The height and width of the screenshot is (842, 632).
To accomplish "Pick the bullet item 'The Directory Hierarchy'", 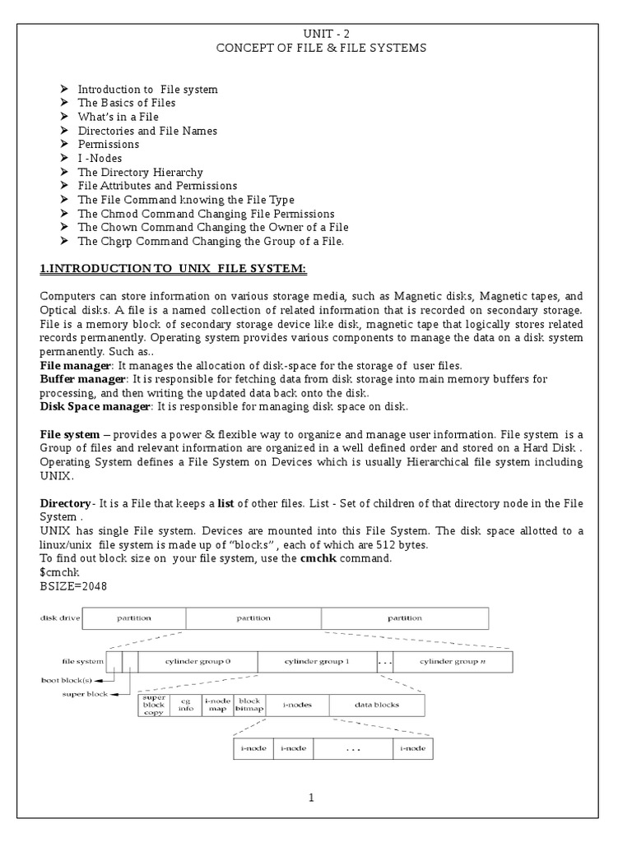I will pos(140,173).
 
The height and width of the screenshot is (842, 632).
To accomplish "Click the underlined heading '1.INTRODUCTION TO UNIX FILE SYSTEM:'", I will pos(173,269).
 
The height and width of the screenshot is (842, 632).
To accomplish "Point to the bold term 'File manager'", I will pos(75,364).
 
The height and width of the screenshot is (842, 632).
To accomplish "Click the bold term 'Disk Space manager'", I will pos(95,406).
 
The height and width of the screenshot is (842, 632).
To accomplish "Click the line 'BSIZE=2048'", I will pos(73,586).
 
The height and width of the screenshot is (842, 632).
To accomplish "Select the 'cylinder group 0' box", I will pos(197,661).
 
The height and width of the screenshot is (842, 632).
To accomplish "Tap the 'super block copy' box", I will pos(154,705).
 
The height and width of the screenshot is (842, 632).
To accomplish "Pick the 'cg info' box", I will pos(185,705).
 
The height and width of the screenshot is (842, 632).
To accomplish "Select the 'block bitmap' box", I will pos(249,705).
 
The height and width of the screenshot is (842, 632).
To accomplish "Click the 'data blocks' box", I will pos(378,705).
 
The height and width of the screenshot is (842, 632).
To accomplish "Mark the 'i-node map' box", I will pos(217,705).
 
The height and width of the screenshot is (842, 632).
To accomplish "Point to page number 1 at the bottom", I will pos(312,797).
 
